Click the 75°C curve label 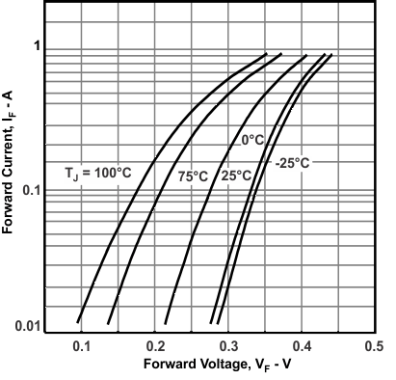[x=193, y=176]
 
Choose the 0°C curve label [x=252, y=141]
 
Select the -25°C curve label [x=293, y=162]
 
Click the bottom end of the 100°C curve [x=78, y=322]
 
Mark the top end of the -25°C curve [x=331, y=55]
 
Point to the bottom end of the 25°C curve [x=167, y=322]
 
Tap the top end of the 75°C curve [x=281, y=54]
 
